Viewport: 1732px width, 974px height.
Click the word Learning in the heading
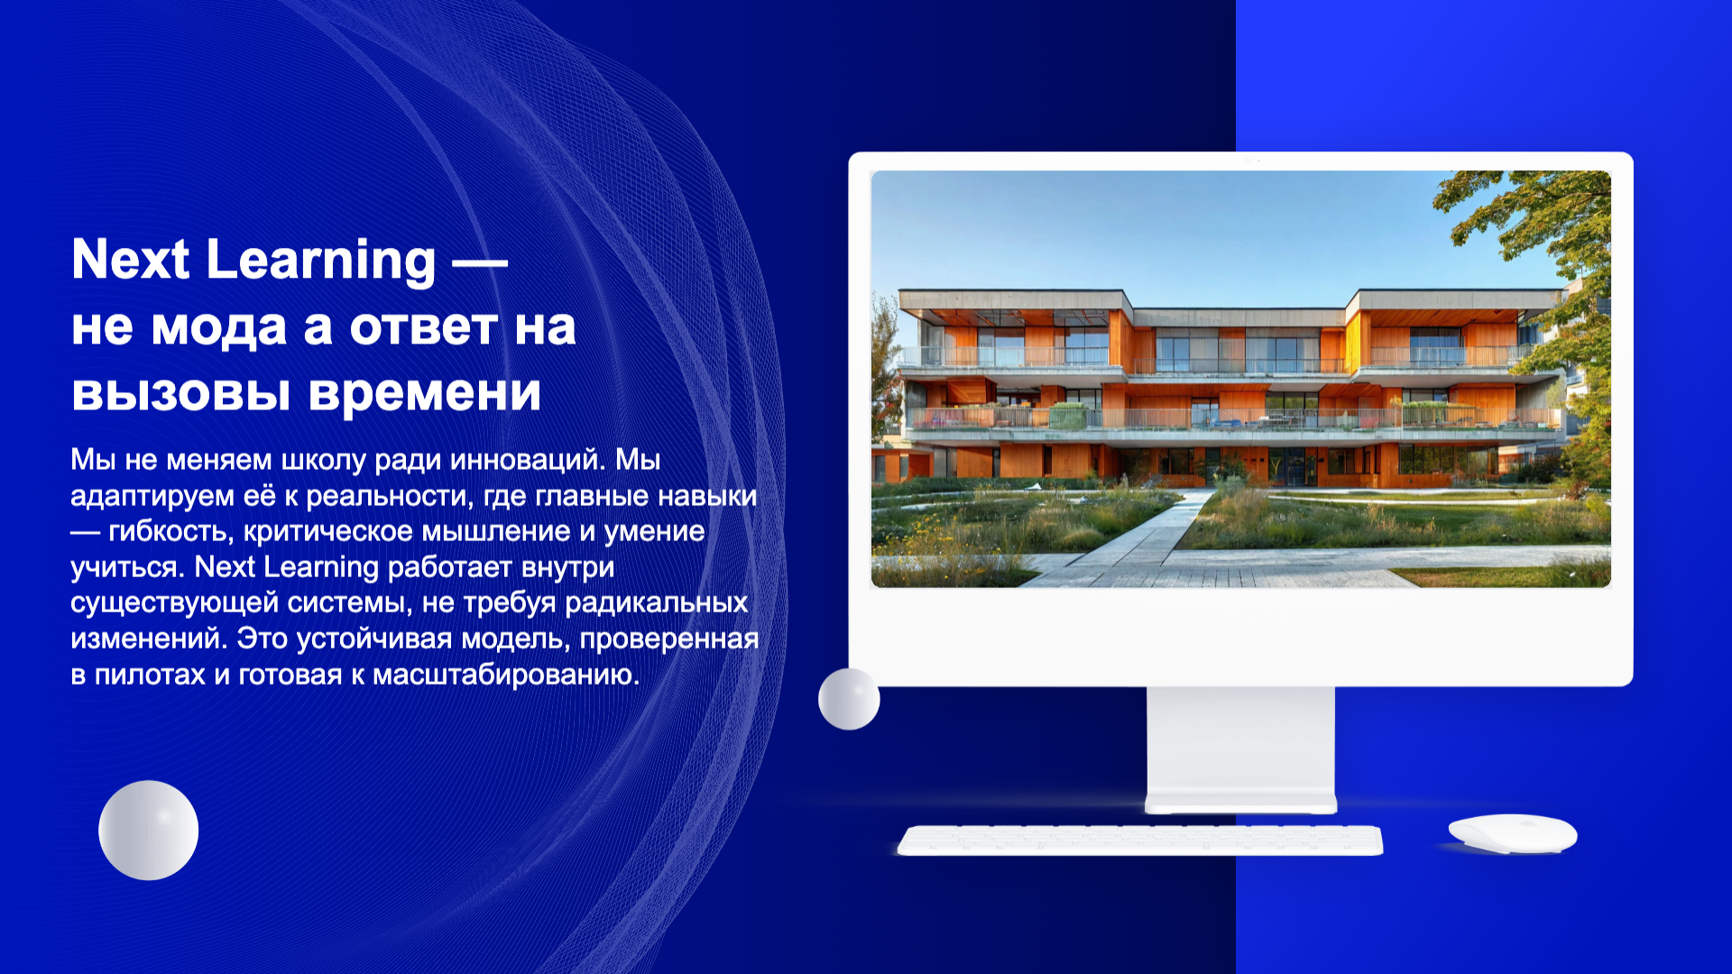point(321,261)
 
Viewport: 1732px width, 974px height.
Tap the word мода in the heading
point(219,327)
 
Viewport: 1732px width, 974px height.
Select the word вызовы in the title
point(180,393)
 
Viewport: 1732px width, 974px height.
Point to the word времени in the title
point(425,393)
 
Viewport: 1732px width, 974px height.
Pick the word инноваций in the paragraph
point(528,460)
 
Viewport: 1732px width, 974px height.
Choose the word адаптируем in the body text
point(152,497)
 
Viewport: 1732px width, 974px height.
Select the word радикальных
point(656,602)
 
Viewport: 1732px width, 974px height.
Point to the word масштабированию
point(505,675)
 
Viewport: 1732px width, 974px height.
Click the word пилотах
point(150,675)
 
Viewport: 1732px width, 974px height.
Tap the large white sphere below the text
point(148,831)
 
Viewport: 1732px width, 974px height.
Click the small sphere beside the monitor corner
point(849,699)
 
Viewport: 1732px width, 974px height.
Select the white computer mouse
point(1513,833)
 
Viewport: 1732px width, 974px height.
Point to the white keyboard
point(1140,840)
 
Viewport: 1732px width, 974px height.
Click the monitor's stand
point(1240,749)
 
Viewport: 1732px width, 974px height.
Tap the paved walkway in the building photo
point(1146,541)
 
